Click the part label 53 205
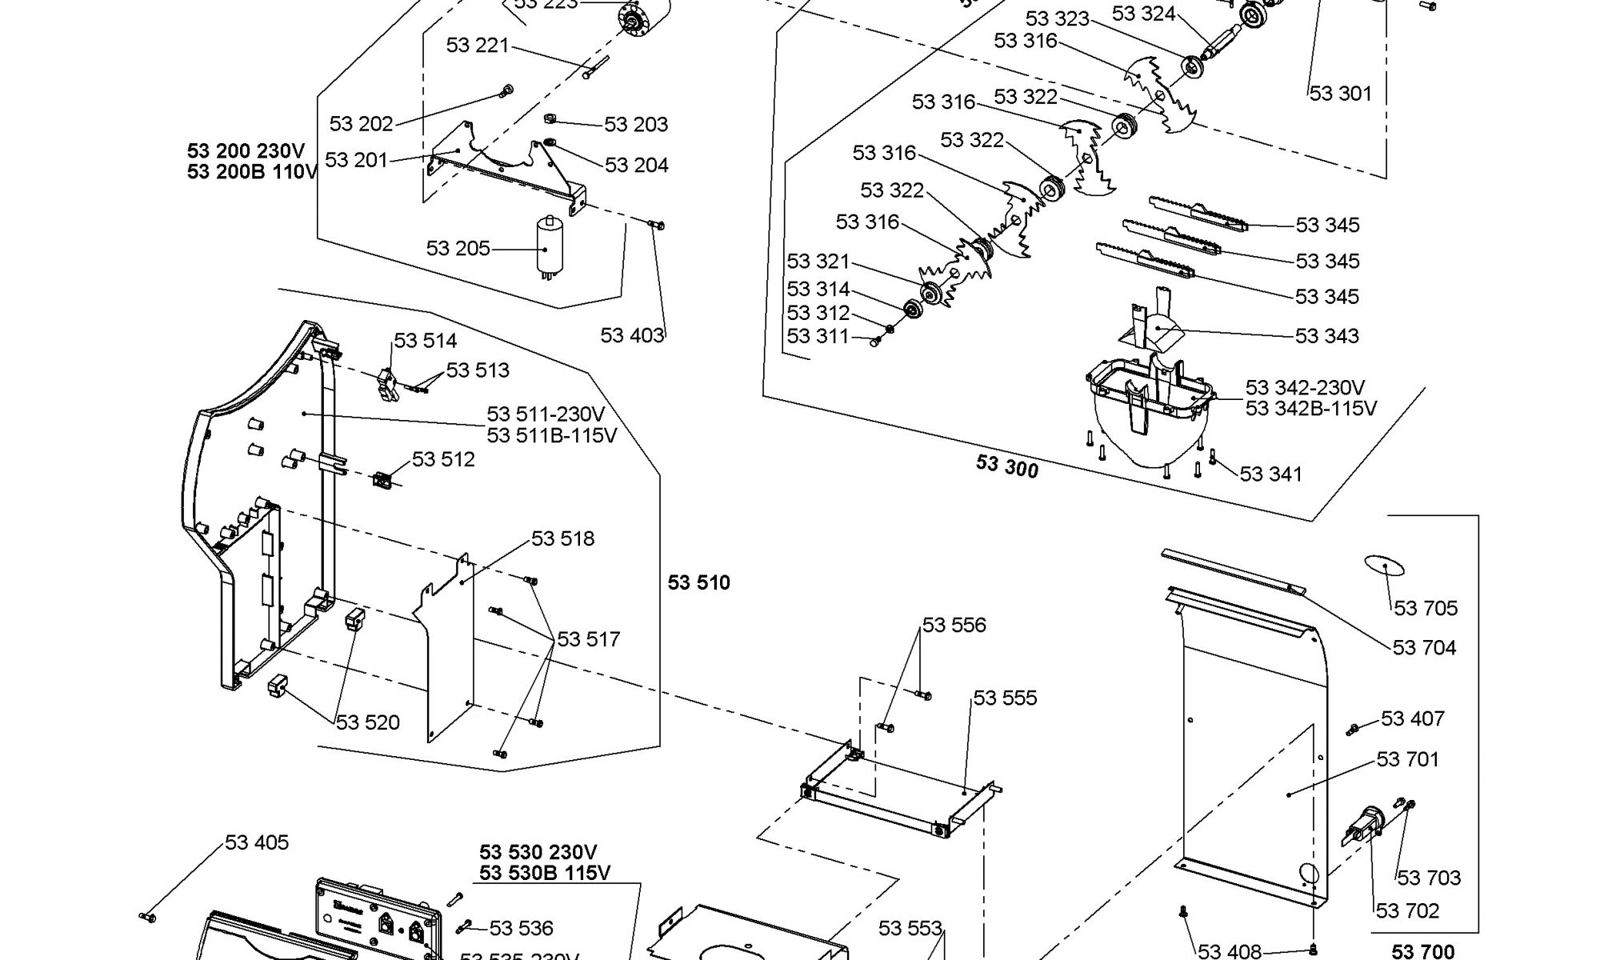[458, 249]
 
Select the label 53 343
[1327, 336]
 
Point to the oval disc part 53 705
[1384, 566]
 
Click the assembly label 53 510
[699, 583]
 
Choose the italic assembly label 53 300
[1007, 466]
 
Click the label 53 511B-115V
[552, 436]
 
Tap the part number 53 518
[563, 539]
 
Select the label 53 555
[1005, 698]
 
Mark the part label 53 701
[1408, 759]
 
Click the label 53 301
[1341, 94]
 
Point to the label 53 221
[478, 46]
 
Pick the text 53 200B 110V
[252, 172]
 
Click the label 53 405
[257, 842]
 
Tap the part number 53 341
[1271, 474]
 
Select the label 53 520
[368, 723]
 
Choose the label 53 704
[1425, 648]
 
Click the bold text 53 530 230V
[538, 853]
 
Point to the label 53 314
[818, 290]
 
